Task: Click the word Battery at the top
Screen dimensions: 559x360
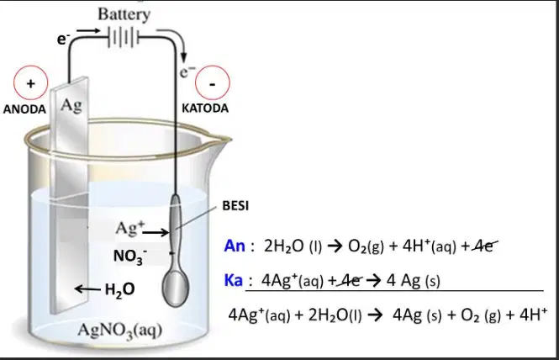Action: [124, 15]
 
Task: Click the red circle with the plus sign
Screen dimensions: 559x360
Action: [30, 82]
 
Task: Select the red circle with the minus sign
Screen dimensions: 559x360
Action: [213, 82]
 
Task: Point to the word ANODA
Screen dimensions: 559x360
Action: [24, 109]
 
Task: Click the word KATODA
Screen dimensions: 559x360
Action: [205, 109]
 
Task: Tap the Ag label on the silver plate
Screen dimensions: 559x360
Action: [71, 105]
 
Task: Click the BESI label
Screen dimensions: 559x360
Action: [235, 206]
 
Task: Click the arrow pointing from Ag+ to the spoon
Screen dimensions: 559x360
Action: [156, 233]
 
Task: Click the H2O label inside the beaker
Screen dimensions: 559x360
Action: [119, 289]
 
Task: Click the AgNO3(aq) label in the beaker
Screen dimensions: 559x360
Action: [119, 330]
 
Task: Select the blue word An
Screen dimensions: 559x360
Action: [235, 246]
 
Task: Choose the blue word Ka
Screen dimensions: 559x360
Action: [234, 280]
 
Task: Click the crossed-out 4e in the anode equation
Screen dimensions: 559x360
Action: [484, 246]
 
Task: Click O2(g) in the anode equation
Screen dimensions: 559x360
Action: [366, 246]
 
